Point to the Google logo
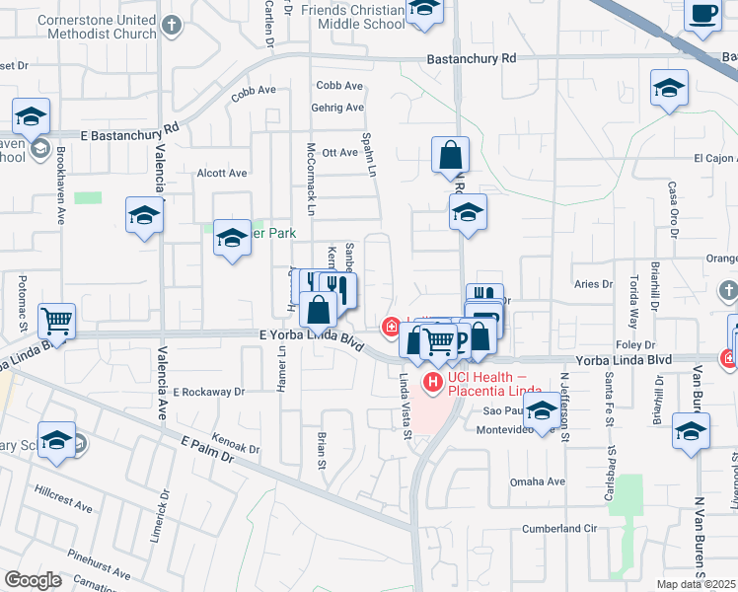click(x=33, y=580)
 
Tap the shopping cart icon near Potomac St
click(x=56, y=319)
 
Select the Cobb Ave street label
click(x=340, y=86)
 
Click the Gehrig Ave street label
click(x=339, y=108)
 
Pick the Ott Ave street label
click(x=340, y=152)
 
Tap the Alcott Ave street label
click(x=221, y=173)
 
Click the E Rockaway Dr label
click(x=208, y=392)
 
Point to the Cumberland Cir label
click(x=560, y=528)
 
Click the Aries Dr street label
click(x=592, y=284)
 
